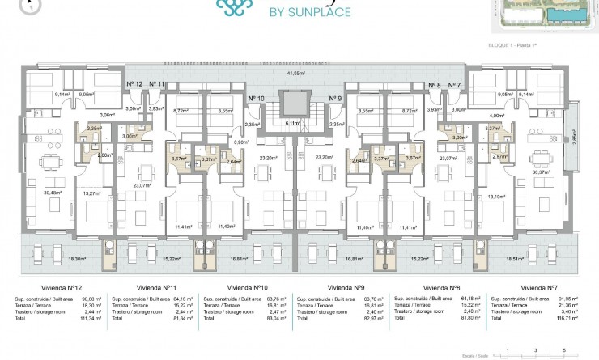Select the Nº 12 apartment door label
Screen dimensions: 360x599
click(x=134, y=84)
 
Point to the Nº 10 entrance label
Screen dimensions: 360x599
click(x=257, y=98)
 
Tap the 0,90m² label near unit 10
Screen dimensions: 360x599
click(x=240, y=142)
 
